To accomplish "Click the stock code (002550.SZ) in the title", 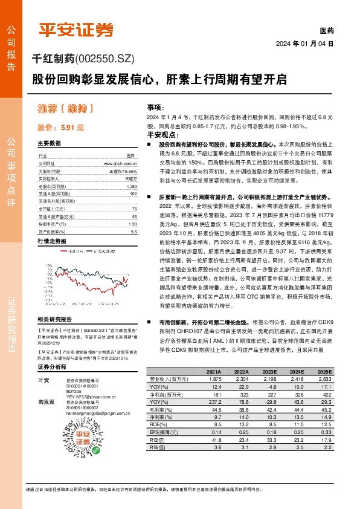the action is tap(106, 59).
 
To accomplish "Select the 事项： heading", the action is tap(155, 106).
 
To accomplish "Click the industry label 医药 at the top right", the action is tap(326, 30).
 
